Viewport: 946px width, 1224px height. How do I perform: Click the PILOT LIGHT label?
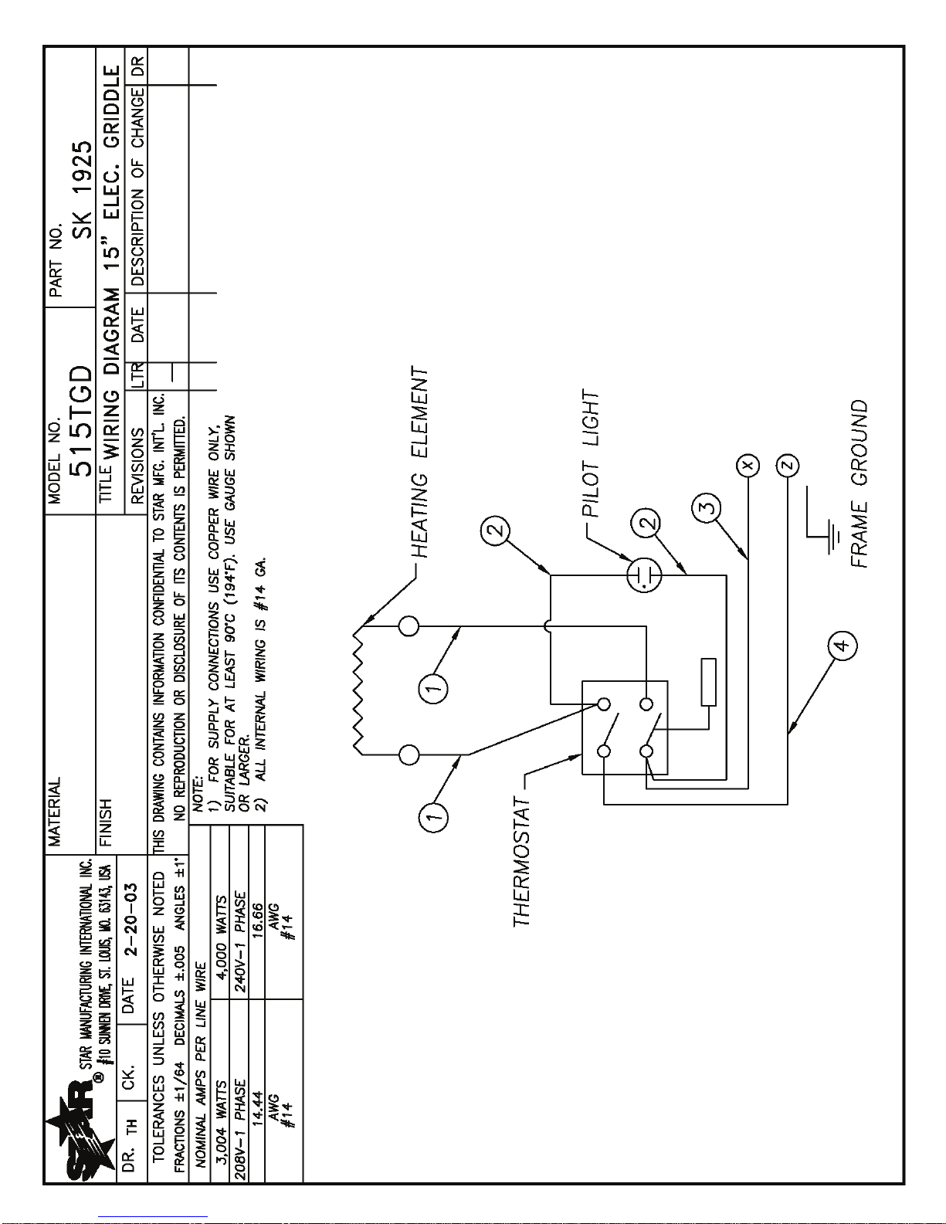point(592,453)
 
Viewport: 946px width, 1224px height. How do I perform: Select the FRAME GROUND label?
point(860,484)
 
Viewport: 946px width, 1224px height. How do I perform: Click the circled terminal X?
point(748,465)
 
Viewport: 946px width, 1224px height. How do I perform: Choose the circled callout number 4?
point(842,645)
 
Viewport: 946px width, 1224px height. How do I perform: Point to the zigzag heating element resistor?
point(360,690)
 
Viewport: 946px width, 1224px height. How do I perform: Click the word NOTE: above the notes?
point(198,794)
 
